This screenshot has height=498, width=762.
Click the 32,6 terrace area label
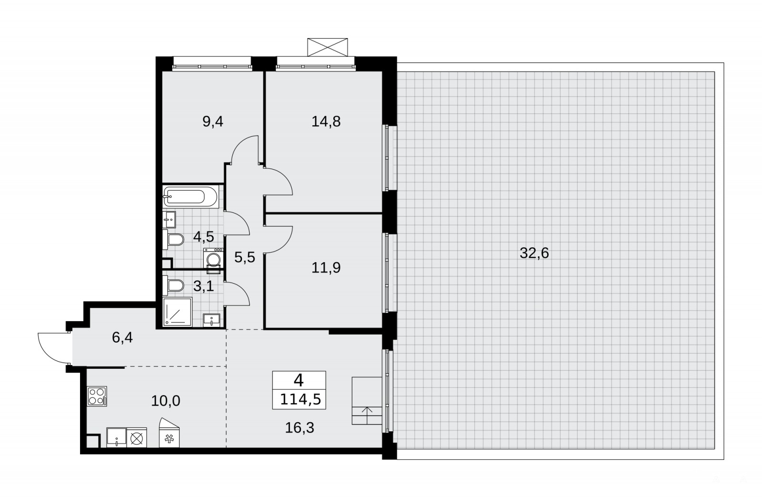tap(534, 254)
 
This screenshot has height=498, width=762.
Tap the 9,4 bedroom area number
tap(212, 122)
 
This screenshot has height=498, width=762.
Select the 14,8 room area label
tap(326, 122)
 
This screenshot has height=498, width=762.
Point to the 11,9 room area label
tap(326, 268)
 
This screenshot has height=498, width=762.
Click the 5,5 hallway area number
tap(245, 257)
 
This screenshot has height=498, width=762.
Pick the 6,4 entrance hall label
tap(122, 338)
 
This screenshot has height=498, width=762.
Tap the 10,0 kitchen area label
tap(166, 401)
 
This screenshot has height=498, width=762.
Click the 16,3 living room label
tap(300, 427)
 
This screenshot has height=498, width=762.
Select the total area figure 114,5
tap(301, 399)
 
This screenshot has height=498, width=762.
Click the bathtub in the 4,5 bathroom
tap(190, 197)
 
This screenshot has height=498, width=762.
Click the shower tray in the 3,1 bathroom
tap(178, 312)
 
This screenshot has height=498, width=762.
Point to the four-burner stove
tap(97, 396)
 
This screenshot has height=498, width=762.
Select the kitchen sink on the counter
tap(116, 437)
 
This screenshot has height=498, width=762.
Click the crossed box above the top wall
tap(328, 47)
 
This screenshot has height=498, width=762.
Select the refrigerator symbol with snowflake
tap(169, 433)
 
